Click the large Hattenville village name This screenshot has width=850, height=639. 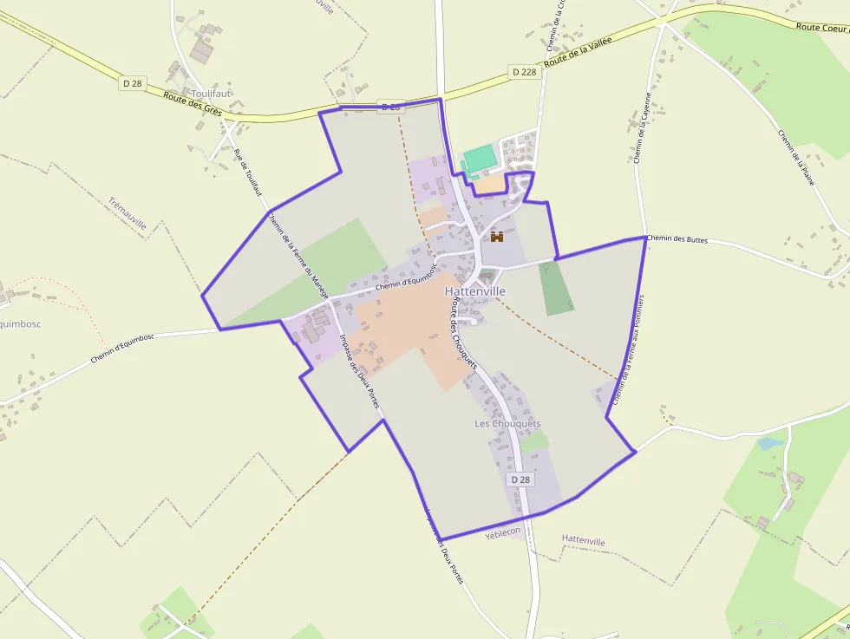point(475,292)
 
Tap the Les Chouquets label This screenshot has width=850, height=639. point(507,424)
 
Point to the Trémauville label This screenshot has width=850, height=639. point(127,214)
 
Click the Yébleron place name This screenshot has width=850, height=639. point(503,531)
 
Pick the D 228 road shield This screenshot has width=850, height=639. point(525,72)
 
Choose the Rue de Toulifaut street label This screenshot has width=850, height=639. point(247,173)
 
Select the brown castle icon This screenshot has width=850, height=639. point(497,236)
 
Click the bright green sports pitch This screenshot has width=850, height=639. point(480,160)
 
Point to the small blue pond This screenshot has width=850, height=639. point(768,444)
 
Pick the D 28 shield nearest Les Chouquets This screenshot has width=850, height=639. point(520,479)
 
